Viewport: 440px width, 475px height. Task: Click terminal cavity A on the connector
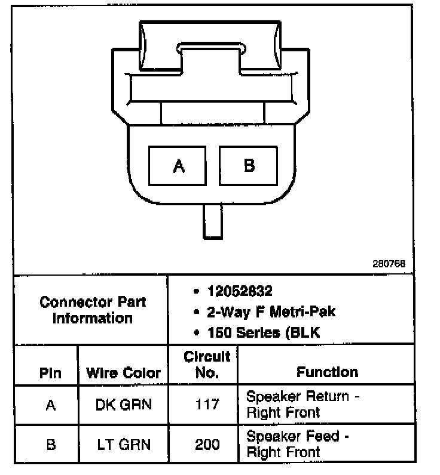[x=178, y=165]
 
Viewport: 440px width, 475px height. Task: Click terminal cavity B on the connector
[x=249, y=165]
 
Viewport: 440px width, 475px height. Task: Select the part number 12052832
[x=239, y=291]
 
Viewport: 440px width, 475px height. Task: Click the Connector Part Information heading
[x=93, y=309]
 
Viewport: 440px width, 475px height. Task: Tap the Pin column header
[x=50, y=373]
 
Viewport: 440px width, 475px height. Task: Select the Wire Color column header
[x=124, y=373]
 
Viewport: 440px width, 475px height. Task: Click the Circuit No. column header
[x=206, y=365]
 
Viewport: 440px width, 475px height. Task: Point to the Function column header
[x=327, y=372]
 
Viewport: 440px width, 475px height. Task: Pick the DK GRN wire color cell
[x=124, y=405]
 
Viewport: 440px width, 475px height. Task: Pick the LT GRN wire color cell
[x=124, y=444]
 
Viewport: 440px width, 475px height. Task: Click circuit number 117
[x=207, y=405]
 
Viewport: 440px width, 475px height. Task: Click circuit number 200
[x=207, y=444]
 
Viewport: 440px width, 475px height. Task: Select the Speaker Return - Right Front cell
[x=303, y=404]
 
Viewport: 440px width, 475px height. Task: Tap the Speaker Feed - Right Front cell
[x=297, y=444]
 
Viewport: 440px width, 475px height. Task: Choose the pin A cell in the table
[x=50, y=405]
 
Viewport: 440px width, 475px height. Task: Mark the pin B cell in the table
[x=50, y=444]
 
